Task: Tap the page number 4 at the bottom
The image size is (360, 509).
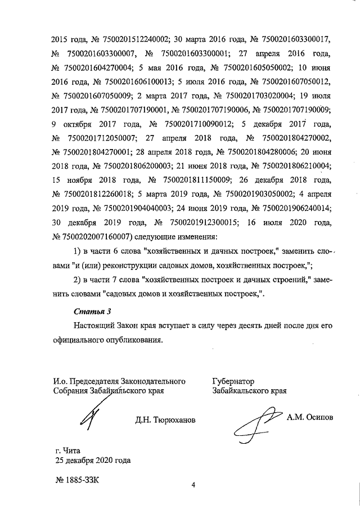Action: [192, 485]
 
